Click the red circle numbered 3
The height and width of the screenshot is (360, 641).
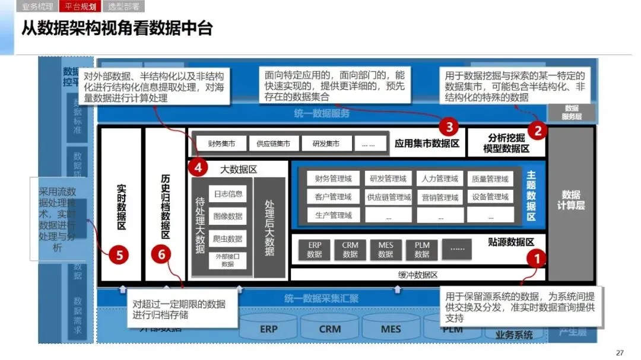click(x=449, y=126)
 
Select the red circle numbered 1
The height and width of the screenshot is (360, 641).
click(x=537, y=259)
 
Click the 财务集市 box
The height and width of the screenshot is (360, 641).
click(x=222, y=144)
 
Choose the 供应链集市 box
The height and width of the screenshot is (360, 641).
click(x=273, y=144)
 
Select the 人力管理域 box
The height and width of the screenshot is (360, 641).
click(x=440, y=179)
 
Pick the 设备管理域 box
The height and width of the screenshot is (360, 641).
click(x=491, y=197)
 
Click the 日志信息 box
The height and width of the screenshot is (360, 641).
click(x=228, y=194)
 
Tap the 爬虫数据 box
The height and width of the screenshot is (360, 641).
click(x=228, y=238)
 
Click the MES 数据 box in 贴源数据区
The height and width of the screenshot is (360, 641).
click(x=386, y=250)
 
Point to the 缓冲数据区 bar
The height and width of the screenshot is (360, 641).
click(x=417, y=275)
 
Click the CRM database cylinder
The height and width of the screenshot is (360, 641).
click(x=330, y=329)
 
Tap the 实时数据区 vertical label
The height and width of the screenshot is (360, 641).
click(x=121, y=208)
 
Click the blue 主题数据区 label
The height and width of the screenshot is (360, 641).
click(x=531, y=196)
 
